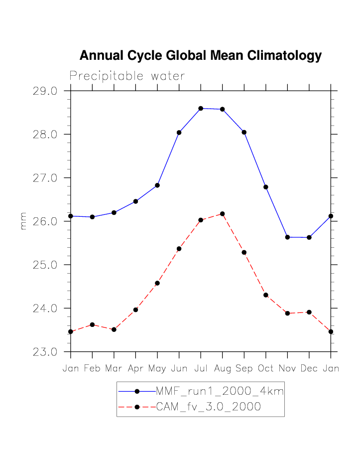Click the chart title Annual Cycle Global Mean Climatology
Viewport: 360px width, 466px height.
(x=200, y=56)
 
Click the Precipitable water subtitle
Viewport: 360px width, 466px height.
(x=127, y=76)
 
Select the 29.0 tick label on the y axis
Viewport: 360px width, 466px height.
(x=45, y=91)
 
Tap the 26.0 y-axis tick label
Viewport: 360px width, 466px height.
(x=45, y=221)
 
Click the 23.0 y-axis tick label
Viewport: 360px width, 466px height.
(x=45, y=352)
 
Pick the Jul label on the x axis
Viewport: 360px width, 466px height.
(x=201, y=369)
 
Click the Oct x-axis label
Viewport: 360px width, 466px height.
(x=266, y=369)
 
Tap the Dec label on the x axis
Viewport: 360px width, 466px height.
(x=309, y=369)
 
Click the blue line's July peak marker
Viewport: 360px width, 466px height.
(x=201, y=108)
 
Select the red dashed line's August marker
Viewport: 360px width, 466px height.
(x=222, y=214)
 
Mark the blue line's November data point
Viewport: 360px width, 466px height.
(x=287, y=237)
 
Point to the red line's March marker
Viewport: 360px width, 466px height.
(x=114, y=329)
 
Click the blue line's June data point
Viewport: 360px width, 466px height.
(x=179, y=133)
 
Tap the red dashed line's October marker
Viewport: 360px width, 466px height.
(x=266, y=295)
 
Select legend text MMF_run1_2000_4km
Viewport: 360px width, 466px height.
(x=220, y=391)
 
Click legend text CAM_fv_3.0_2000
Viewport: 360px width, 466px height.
(x=209, y=407)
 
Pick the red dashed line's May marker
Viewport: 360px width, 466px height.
(x=157, y=283)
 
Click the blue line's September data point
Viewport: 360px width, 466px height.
(x=244, y=132)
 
